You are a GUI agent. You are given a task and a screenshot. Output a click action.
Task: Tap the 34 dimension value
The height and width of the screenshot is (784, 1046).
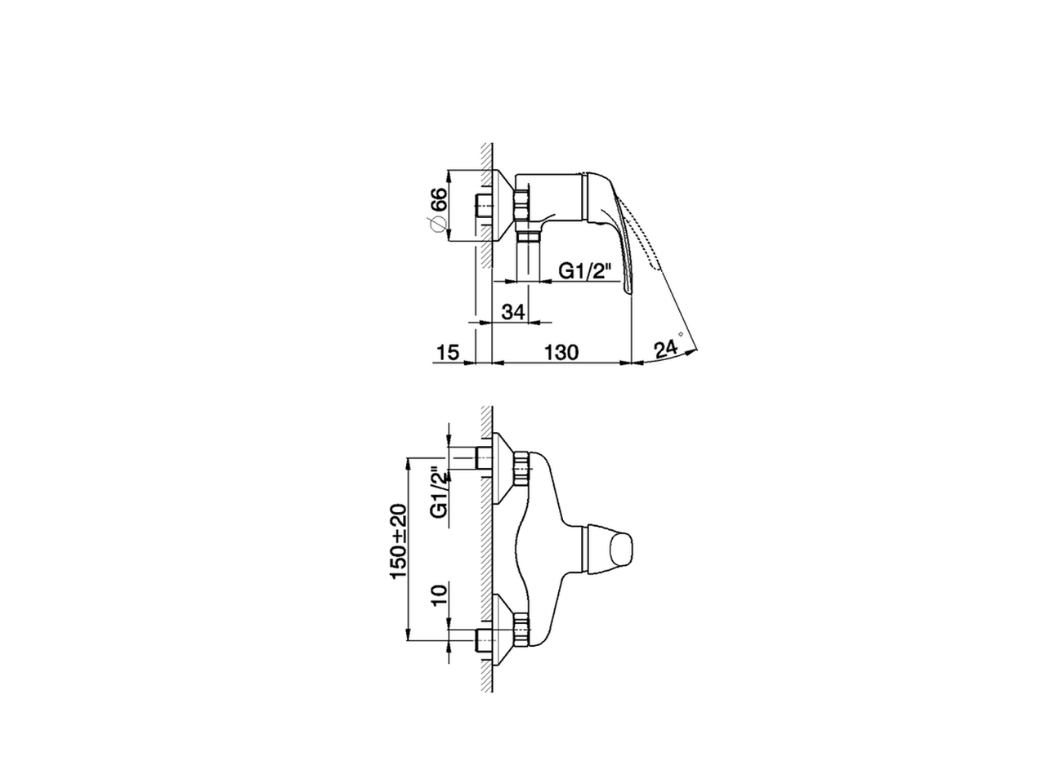[x=512, y=312]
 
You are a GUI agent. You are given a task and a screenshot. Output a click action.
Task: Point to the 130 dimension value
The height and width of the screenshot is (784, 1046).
[x=562, y=352]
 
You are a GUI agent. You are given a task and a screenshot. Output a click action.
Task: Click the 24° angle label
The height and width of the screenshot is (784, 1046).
[x=667, y=349]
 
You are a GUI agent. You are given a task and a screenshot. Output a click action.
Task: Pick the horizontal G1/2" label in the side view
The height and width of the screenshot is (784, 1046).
[x=585, y=271]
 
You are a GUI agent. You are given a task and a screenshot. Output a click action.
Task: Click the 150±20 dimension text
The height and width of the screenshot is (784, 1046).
[x=399, y=541]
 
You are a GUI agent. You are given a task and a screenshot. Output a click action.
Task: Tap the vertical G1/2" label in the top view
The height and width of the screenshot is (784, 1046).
[x=439, y=492]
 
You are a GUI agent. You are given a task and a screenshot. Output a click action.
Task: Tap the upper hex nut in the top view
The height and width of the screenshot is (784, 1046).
[x=521, y=468]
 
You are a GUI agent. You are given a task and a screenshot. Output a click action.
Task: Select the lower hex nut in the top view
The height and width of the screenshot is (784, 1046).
[x=521, y=630]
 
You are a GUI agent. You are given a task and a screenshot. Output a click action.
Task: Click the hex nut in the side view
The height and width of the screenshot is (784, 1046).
[x=521, y=203]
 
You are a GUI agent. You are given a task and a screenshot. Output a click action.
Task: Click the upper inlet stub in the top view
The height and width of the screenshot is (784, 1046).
[x=481, y=459]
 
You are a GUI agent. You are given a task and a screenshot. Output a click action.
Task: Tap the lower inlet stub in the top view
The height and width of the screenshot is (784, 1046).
[x=481, y=640]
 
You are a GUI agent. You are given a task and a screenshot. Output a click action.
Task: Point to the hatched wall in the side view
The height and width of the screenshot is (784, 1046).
[x=485, y=204]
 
